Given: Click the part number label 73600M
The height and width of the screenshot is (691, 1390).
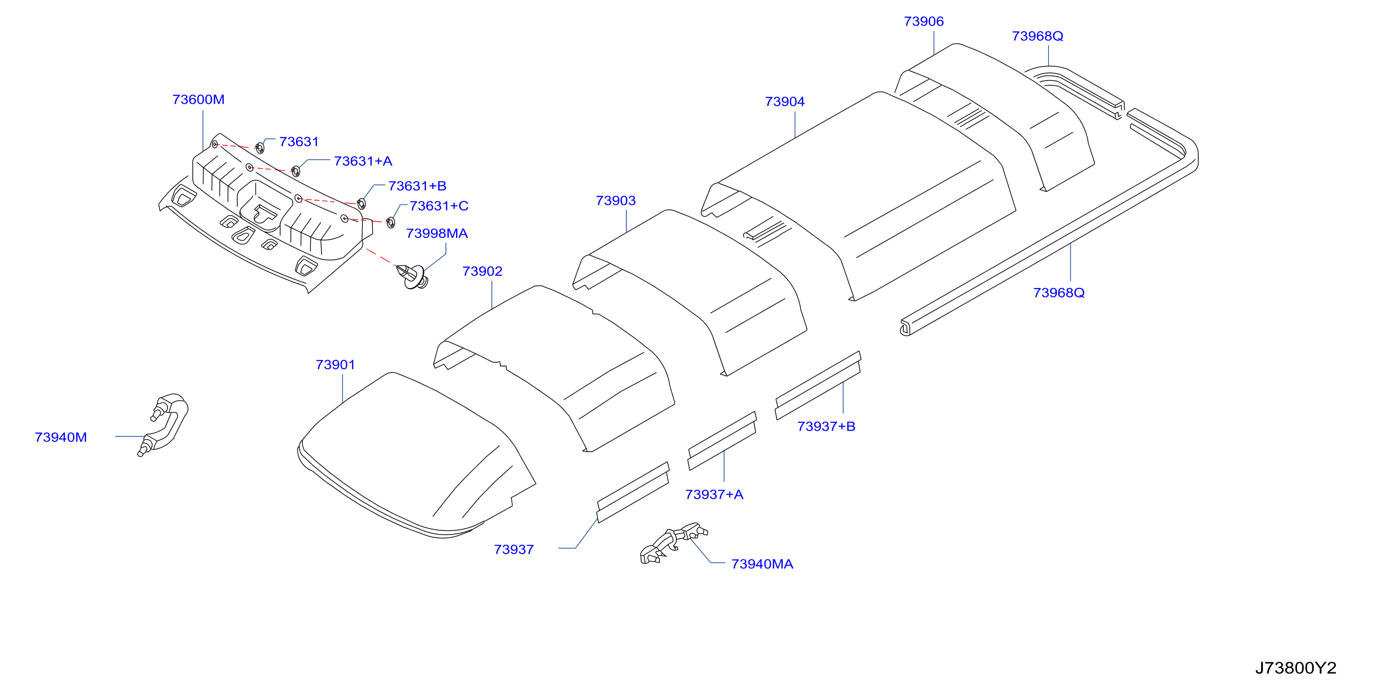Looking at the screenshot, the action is (x=198, y=99).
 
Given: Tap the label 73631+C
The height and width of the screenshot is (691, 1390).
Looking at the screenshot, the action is (x=439, y=206).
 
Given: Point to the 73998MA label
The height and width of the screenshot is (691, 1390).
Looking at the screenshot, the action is (x=436, y=233).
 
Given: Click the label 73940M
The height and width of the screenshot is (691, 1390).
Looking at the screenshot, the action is (x=60, y=437).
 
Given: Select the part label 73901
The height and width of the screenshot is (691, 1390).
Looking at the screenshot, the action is (x=335, y=365).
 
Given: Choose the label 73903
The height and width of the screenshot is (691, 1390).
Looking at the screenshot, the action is (x=615, y=201).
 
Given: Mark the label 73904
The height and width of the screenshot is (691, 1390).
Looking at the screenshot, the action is (x=785, y=102).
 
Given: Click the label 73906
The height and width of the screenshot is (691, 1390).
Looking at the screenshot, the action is (x=923, y=21).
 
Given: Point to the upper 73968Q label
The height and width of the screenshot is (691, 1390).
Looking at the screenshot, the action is (x=1037, y=36).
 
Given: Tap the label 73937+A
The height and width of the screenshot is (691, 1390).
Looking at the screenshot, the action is (x=714, y=495).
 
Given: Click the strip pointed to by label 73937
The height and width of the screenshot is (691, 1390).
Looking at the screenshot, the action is (x=633, y=492).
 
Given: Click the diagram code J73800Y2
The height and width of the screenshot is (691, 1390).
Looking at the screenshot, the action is (x=1295, y=668).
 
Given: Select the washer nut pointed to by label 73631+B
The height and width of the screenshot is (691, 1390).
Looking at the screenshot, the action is (x=362, y=203).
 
